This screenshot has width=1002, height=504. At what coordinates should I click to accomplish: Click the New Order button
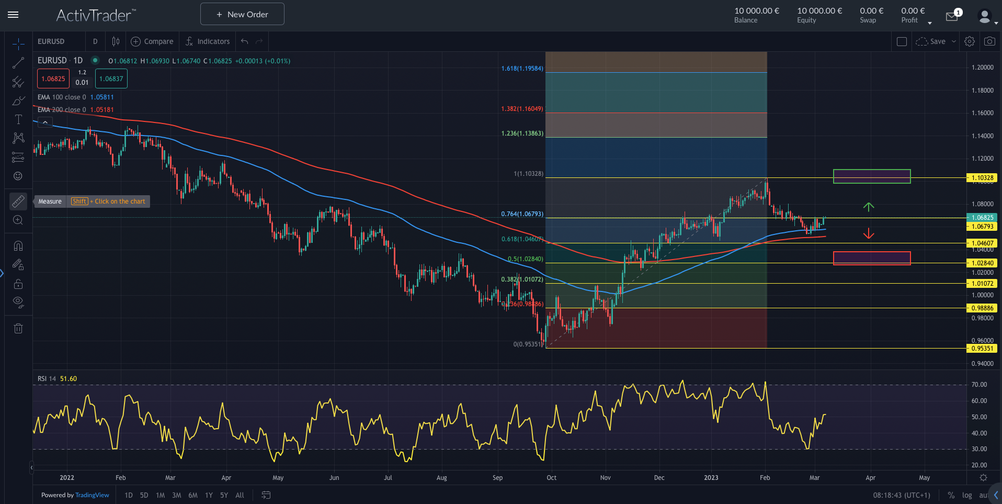pyautogui.click(x=242, y=14)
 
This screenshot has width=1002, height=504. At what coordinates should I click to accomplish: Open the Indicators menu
pyautogui.click(x=208, y=41)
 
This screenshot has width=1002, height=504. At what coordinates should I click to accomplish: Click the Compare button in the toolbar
pyautogui.click(x=152, y=41)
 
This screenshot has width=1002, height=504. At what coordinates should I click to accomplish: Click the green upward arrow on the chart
pyautogui.click(x=869, y=207)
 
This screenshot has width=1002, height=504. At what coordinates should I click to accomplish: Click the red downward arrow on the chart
pyautogui.click(x=869, y=233)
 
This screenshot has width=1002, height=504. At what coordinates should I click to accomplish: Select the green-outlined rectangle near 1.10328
pyautogui.click(x=872, y=176)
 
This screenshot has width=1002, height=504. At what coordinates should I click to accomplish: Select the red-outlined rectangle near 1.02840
pyautogui.click(x=872, y=258)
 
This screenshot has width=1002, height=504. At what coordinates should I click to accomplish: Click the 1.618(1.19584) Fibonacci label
pyautogui.click(x=522, y=69)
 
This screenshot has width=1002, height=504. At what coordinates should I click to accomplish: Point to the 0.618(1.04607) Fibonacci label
pyautogui.click(x=522, y=239)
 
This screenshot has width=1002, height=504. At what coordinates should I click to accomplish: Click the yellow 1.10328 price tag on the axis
pyautogui.click(x=982, y=178)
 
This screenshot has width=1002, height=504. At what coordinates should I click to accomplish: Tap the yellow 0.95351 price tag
pyautogui.click(x=982, y=349)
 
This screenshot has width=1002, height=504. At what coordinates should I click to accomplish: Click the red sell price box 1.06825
pyautogui.click(x=53, y=79)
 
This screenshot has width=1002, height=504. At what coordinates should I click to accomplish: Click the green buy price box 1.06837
pyautogui.click(x=111, y=79)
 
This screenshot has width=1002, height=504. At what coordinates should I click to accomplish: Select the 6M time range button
pyautogui.click(x=193, y=495)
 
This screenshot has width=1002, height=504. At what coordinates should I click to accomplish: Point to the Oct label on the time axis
pyautogui.click(x=551, y=478)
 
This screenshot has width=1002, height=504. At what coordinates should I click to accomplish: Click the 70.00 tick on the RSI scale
pyautogui.click(x=979, y=385)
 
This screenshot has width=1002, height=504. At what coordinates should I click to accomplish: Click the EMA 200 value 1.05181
pyautogui.click(x=102, y=110)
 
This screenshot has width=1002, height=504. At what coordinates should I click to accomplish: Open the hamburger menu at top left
pyautogui.click(x=13, y=15)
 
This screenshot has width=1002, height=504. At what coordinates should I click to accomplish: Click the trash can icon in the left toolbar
pyautogui.click(x=18, y=329)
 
